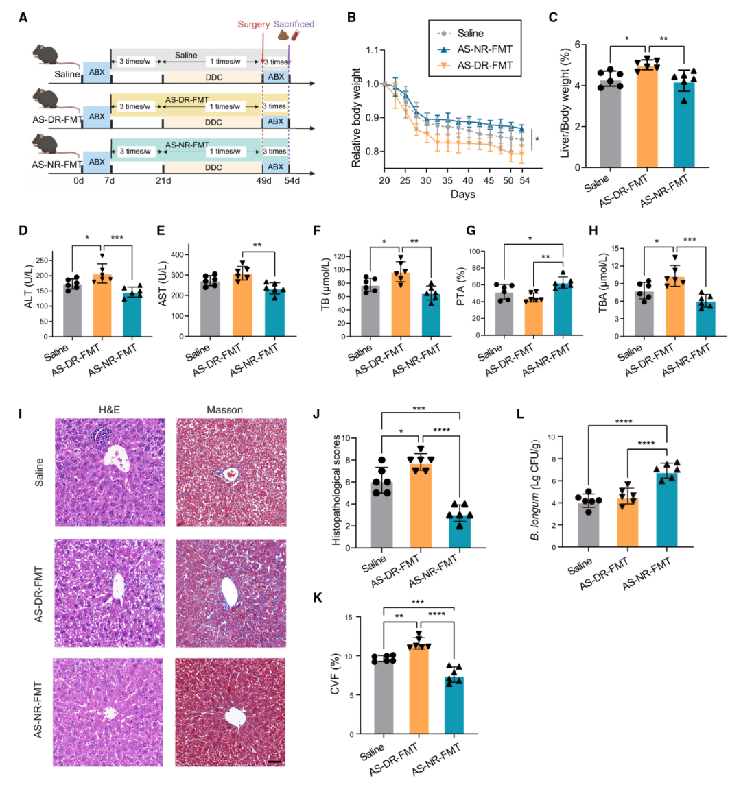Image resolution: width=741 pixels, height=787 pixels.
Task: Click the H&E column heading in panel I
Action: [110, 411]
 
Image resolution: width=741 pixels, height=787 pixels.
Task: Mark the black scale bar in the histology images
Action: [274, 761]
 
